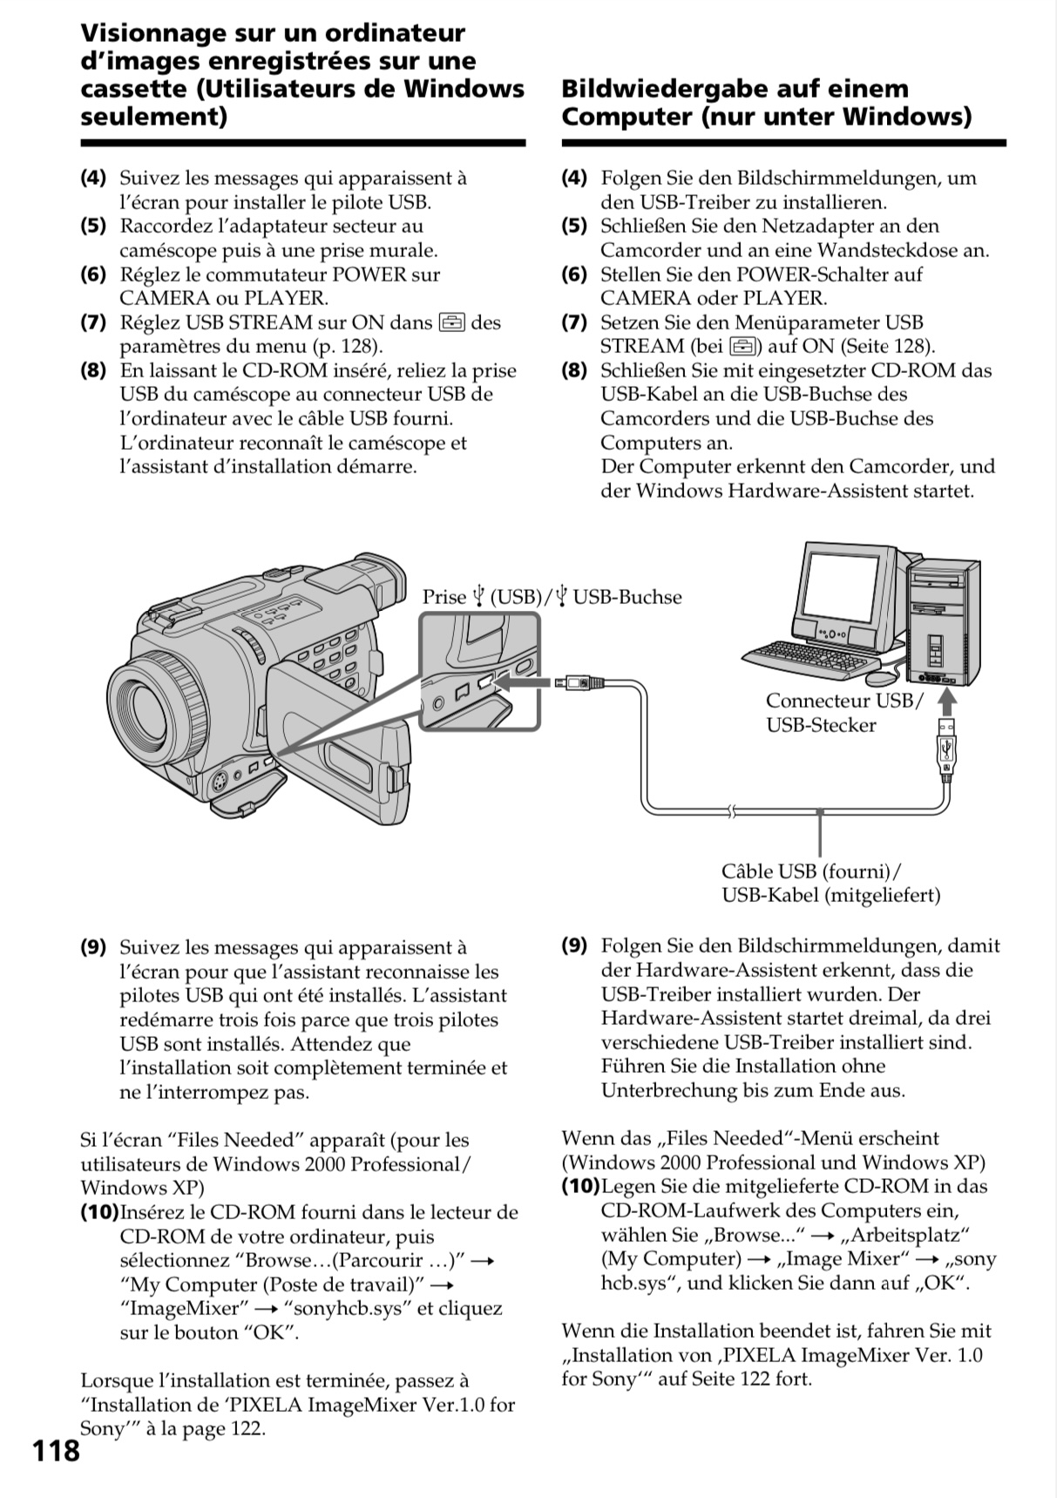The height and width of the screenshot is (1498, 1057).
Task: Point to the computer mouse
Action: pos(881,676)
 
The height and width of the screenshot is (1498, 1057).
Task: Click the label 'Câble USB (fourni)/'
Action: pos(811,871)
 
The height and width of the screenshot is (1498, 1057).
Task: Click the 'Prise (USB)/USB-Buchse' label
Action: pos(552,597)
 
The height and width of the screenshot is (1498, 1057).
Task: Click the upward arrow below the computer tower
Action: pos(947,701)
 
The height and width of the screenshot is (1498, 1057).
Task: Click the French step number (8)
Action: pos(93,370)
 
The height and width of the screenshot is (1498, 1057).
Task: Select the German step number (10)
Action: pos(580,1186)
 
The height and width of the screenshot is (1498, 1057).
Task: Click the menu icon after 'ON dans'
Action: pos(451,323)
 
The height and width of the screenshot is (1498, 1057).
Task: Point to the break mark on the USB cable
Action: pos(730,813)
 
